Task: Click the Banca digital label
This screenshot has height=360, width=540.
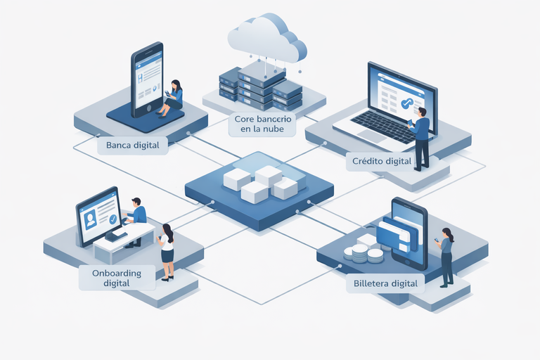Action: pos(132,146)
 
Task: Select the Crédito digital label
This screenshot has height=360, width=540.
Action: pos(380,162)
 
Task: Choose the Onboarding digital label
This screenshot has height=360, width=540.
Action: pos(117,278)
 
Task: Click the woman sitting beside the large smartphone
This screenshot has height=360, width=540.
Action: pos(173,97)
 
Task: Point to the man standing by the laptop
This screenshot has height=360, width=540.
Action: pos(421,138)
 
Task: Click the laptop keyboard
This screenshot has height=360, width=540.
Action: pos(380,127)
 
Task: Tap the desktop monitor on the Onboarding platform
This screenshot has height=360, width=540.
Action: pos(98,214)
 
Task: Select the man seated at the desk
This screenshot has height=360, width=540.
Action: pos(136,219)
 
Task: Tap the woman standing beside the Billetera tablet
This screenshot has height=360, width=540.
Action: pos(445,257)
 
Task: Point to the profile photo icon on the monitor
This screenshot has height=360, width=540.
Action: pos(90,219)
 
